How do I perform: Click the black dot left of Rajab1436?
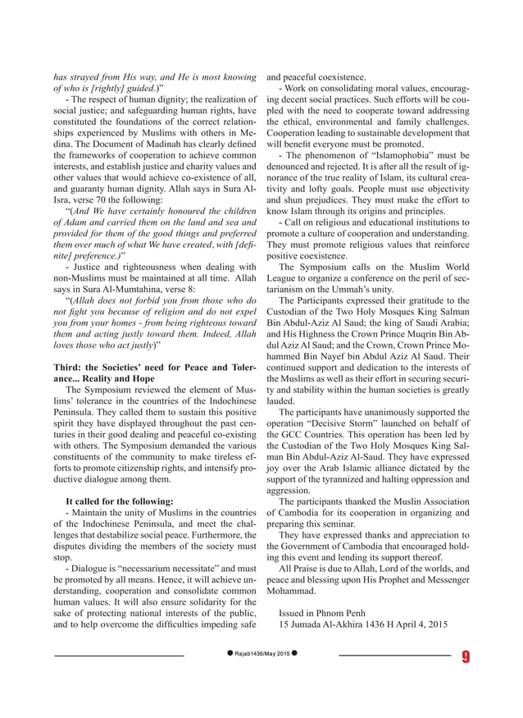coord(230,656)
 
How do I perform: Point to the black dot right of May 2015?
coord(294,656)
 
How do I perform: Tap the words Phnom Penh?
coord(337,612)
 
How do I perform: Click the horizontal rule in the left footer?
coord(120,656)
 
